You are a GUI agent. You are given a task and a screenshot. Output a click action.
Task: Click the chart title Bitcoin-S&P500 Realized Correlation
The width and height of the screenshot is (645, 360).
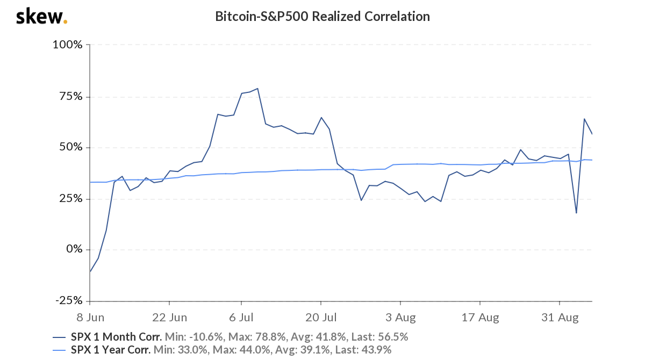pyautogui.click(x=322, y=16)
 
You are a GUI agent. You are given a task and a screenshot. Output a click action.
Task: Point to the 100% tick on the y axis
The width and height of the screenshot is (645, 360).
pyautogui.click(x=67, y=45)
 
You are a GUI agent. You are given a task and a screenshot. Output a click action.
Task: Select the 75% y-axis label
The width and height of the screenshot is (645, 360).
pyautogui.click(x=71, y=96)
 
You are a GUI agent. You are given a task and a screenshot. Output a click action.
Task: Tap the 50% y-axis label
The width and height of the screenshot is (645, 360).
pyautogui.click(x=71, y=147)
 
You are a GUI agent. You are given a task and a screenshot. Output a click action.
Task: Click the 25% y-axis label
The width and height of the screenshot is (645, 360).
pyautogui.click(x=71, y=199)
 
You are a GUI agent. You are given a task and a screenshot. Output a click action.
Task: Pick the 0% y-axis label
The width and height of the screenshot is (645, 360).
pyautogui.click(x=74, y=249)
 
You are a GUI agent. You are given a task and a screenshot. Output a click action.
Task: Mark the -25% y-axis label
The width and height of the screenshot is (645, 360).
pyautogui.click(x=68, y=300)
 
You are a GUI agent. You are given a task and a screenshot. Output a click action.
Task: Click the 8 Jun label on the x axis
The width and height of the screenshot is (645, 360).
pyautogui.click(x=90, y=318)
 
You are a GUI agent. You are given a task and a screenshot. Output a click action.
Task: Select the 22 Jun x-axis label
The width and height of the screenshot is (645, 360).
pyautogui.click(x=169, y=318)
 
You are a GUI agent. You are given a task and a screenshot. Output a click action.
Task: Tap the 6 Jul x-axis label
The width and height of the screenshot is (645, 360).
pyautogui.click(x=241, y=318)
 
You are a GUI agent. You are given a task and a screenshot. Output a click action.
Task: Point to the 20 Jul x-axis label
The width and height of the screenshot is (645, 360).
pyautogui.click(x=321, y=318)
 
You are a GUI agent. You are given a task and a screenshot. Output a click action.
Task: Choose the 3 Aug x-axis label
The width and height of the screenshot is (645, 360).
pyautogui.click(x=400, y=318)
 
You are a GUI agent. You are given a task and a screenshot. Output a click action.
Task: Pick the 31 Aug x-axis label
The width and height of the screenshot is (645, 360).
pyautogui.click(x=559, y=318)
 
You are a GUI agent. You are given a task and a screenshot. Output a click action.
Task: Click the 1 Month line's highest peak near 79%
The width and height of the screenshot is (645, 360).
pyautogui.click(x=258, y=89)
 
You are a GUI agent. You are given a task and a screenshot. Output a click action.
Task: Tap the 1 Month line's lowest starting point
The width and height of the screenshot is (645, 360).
pyautogui.click(x=90, y=272)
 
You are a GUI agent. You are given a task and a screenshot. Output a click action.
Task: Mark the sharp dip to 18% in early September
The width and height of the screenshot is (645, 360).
pyautogui.click(x=576, y=213)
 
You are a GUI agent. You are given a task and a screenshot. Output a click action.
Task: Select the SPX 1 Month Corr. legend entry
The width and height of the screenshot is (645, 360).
pyautogui.click(x=116, y=337)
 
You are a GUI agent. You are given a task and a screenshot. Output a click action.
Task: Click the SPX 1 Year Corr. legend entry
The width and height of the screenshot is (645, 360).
pyautogui.click(x=111, y=350)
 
